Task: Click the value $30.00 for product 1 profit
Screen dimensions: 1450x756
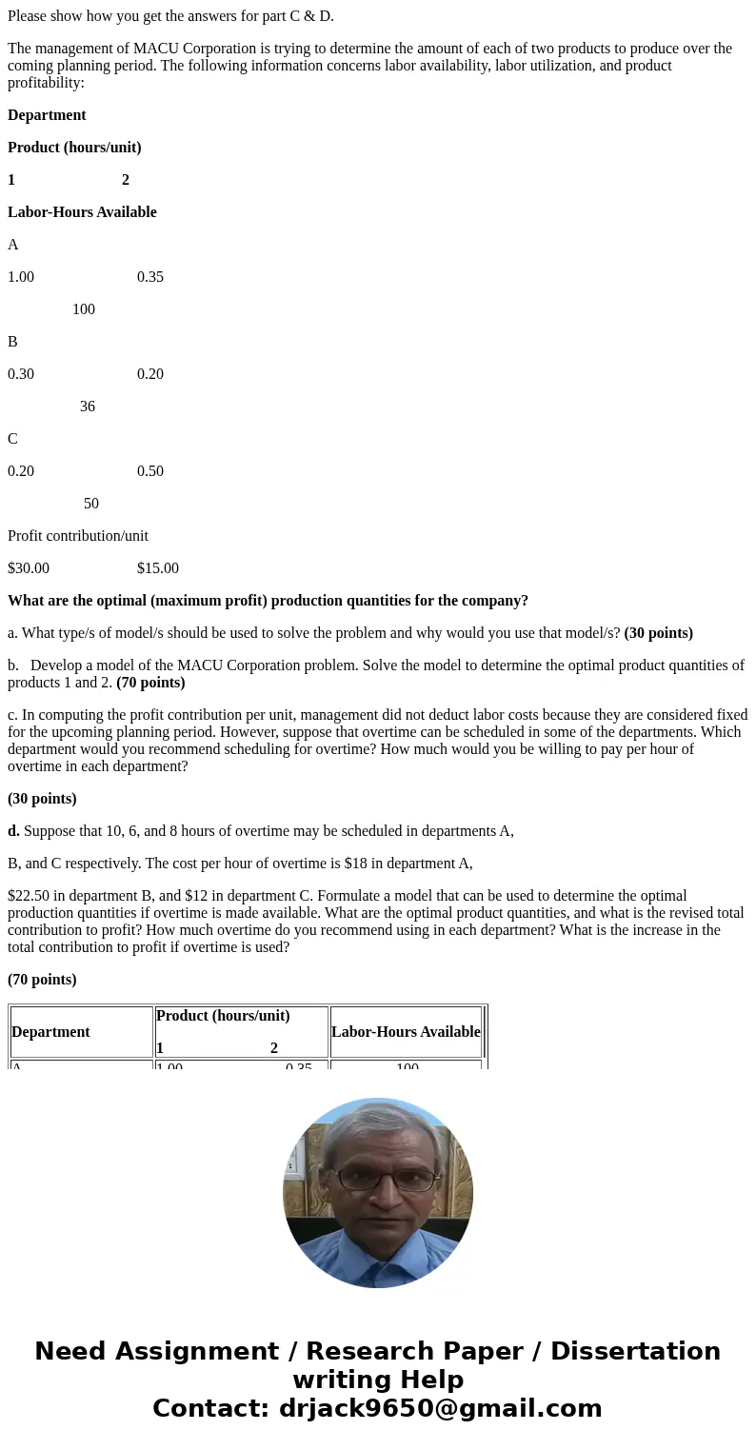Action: pyautogui.click(x=29, y=568)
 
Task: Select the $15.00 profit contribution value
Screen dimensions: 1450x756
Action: pyautogui.click(x=158, y=568)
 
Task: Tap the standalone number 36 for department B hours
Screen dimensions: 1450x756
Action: pyautogui.click(x=88, y=407)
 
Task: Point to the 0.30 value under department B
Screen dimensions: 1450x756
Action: pyautogui.click(x=21, y=374)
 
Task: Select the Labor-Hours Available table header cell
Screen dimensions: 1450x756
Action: pyautogui.click(x=406, y=1032)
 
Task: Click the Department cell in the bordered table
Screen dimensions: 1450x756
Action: pyautogui.click(x=50, y=1032)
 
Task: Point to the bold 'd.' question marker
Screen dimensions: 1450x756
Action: pyautogui.click(x=13, y=831)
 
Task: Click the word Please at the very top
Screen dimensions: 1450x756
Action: pyautogui.click(x=29, y=15)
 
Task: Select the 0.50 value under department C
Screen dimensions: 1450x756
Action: pyautogui.click(x=150, y=471)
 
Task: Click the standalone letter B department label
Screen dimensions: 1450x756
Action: pyautogui.click(x=12, y=342)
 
